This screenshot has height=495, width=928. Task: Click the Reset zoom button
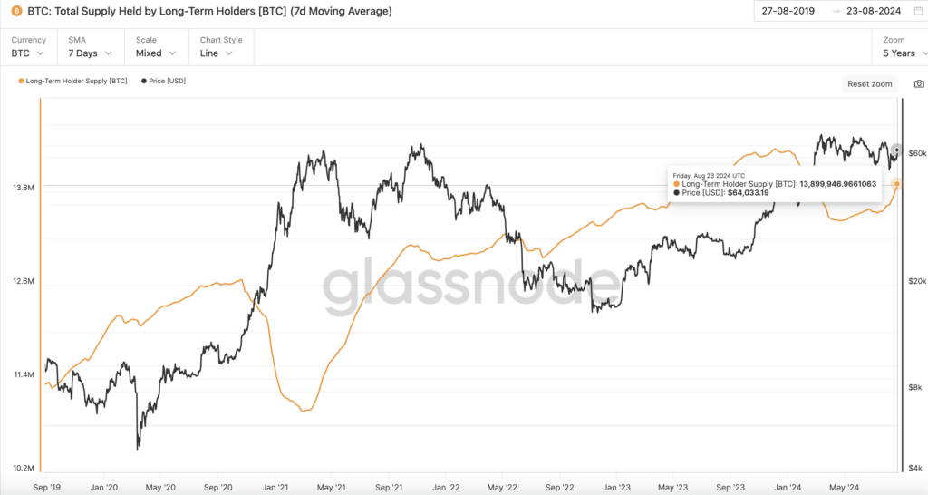click(x=869, y=83)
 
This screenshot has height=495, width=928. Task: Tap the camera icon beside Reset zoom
click(x=919, y=83)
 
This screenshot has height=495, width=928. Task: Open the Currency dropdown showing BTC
click(x=28, y=53)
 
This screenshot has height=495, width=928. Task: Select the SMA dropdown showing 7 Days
click(x=89, y=53)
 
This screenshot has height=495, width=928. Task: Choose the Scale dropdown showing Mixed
click(x=155, y=53)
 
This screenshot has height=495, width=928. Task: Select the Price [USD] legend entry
click(x=163, y=82)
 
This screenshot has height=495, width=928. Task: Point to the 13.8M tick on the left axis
click(x=24, y=188)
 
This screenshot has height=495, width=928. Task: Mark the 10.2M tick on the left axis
click(x=24, y=468)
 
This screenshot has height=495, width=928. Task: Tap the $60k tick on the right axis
click(x=916, y=153)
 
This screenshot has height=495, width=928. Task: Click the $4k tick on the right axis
click(x=915, y=468)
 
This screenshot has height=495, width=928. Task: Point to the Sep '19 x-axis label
click(x=47, y=486)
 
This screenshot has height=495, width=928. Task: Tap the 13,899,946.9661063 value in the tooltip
click(x=837, y=183)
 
